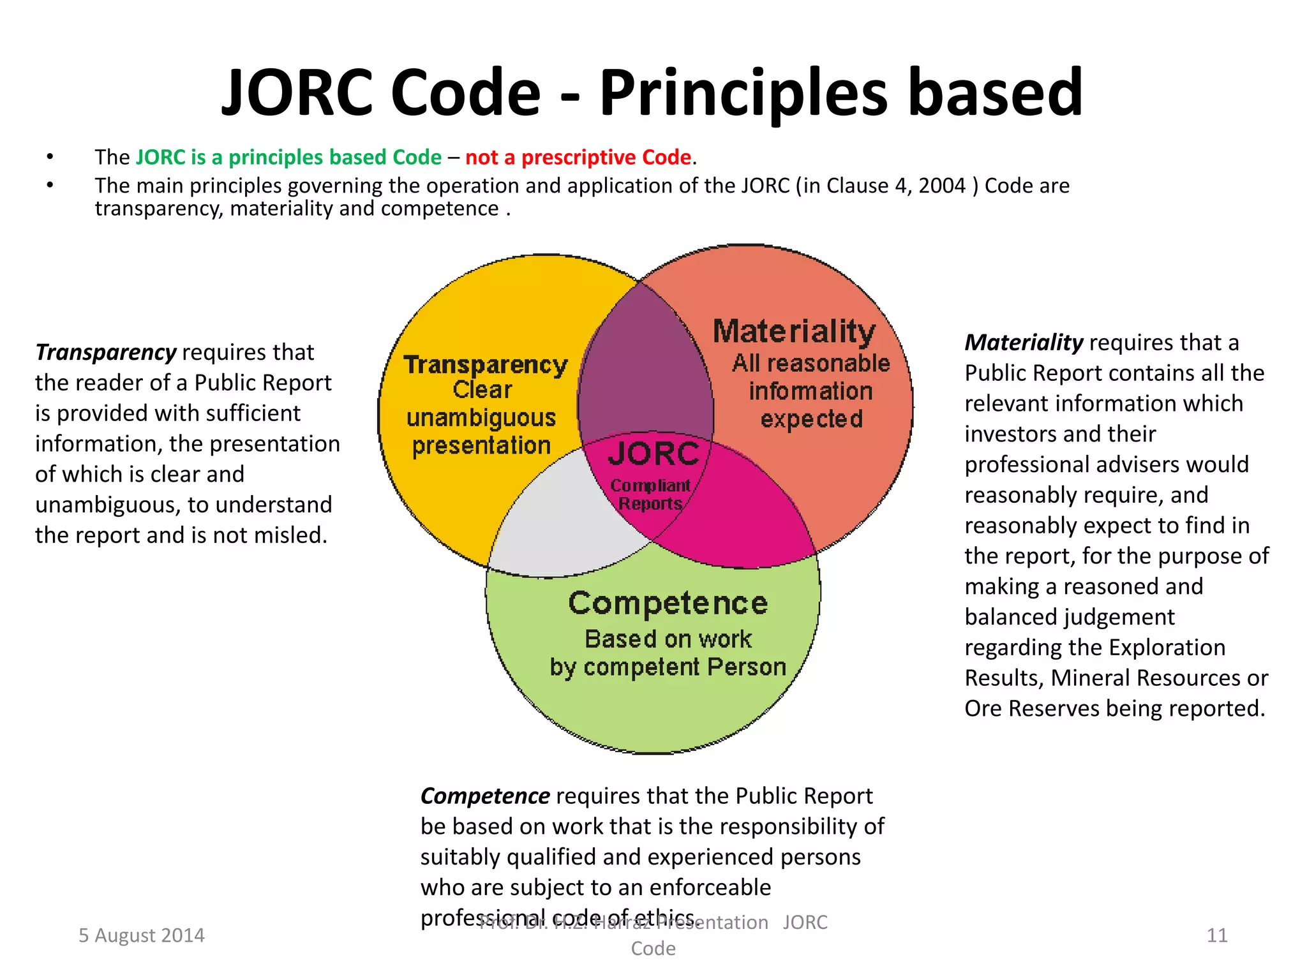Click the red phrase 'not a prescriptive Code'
[x=578, y=157]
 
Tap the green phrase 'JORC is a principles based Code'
[x=288, y=157]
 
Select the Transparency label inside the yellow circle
[x=486, y=365]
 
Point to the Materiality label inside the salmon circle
[x=794, y=332]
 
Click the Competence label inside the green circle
[x=668, y=603]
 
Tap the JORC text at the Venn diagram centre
[x=653, y=454]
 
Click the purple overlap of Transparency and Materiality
[x=645, y=370]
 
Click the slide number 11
[x=1217, y=935]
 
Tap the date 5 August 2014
[x=142, y=935]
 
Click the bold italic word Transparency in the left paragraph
[x=106, y=352]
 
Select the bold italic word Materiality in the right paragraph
[x=1024, y=343]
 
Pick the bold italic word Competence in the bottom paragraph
[x=485, y=796]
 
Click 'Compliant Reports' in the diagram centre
[x=650, y=494]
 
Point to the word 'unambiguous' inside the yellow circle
[x=481, y=418]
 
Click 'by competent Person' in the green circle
[x=668, y=667]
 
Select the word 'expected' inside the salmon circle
[x=812, y=419]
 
